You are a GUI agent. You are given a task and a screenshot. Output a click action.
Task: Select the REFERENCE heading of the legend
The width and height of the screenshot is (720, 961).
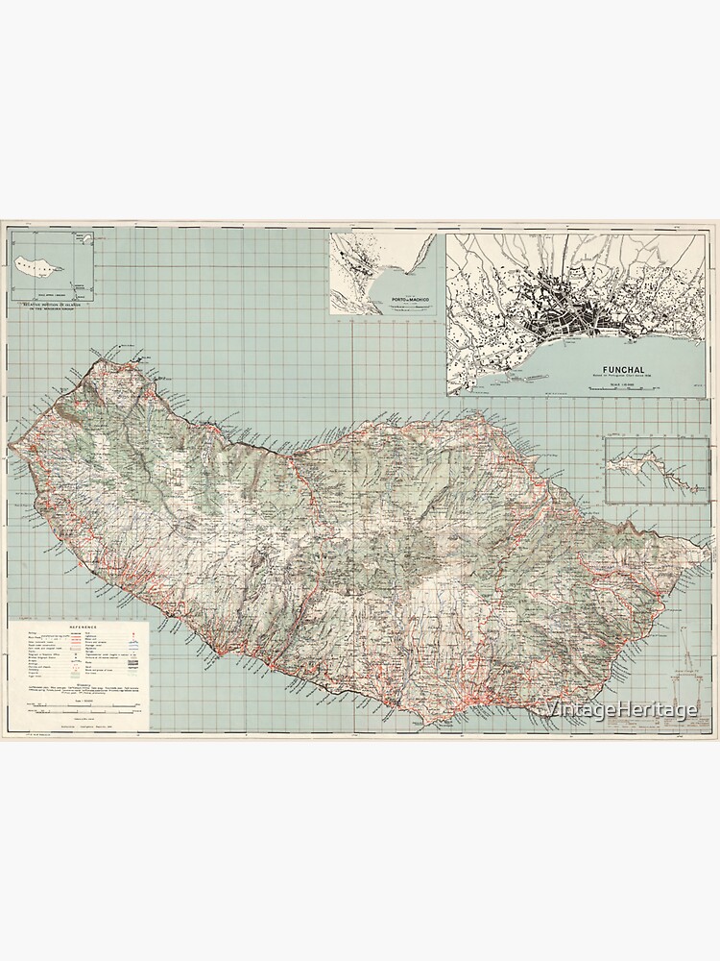79,624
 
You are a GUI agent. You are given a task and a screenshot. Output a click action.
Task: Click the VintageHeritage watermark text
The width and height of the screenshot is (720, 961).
619,710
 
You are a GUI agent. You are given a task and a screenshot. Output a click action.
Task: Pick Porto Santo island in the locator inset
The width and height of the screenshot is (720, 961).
84,238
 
